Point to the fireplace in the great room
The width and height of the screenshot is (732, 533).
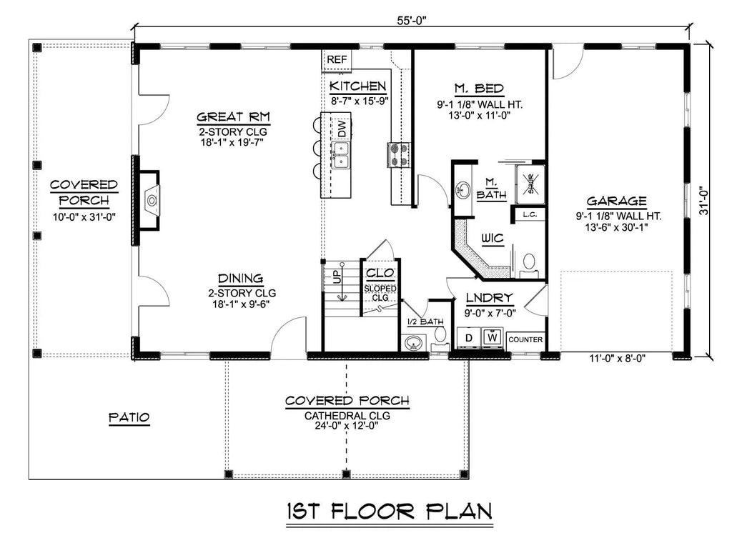(151, 199)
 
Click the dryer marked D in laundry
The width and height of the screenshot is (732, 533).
(468, 337)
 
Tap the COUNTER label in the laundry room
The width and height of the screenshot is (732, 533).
(525, 339)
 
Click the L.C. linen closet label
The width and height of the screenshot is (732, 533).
(530, 214)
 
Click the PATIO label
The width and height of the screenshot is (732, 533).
(129, 417)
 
